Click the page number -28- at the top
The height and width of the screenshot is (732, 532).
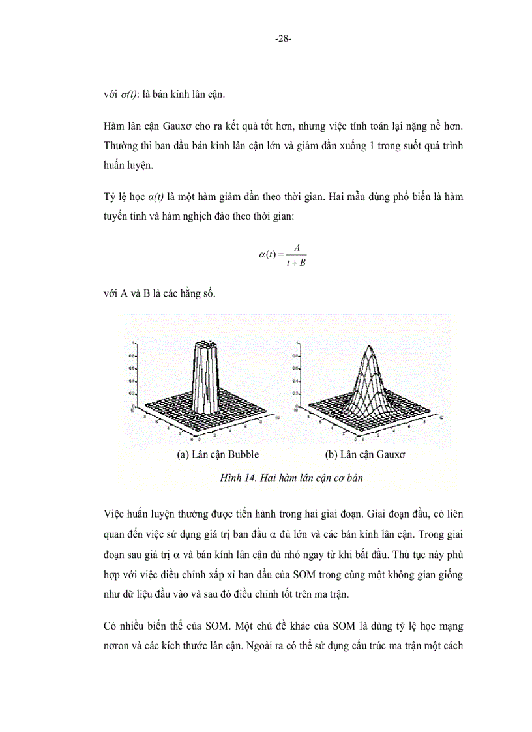click(x=282, y=38)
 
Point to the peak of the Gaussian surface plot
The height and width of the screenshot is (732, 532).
click(x=369, y=346)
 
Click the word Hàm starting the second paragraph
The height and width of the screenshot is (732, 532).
click(x=115, y=125)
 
